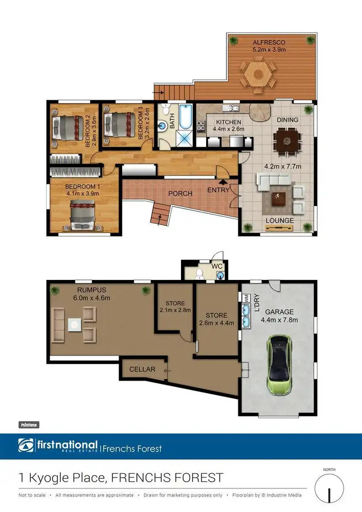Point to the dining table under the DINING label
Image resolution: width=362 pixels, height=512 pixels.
tap(287, 141)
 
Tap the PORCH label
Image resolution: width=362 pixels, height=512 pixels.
tap(180, 194)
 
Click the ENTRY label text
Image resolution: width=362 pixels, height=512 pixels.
tap(219, 191)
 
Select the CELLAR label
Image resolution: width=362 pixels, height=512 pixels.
tap(142, 369)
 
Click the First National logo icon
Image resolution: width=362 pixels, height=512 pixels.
tap(26, 445)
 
